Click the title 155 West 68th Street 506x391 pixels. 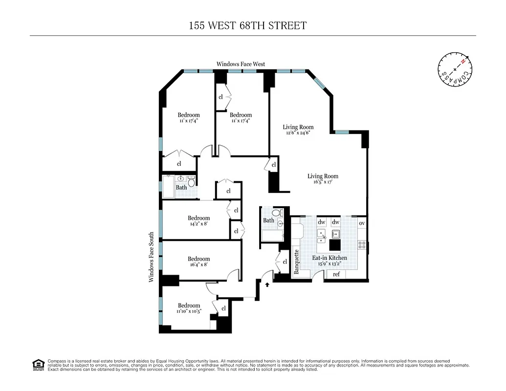pos(248,25)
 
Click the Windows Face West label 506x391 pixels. pos(241,64)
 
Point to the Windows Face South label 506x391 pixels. pos(152,257)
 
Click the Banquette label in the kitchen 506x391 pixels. pos(296,262)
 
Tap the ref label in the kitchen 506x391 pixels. pos(336,275)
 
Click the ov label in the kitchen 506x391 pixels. pos(362,223)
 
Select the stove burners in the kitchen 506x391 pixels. pos(362,243)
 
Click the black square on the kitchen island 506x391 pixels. pos(335,244)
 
